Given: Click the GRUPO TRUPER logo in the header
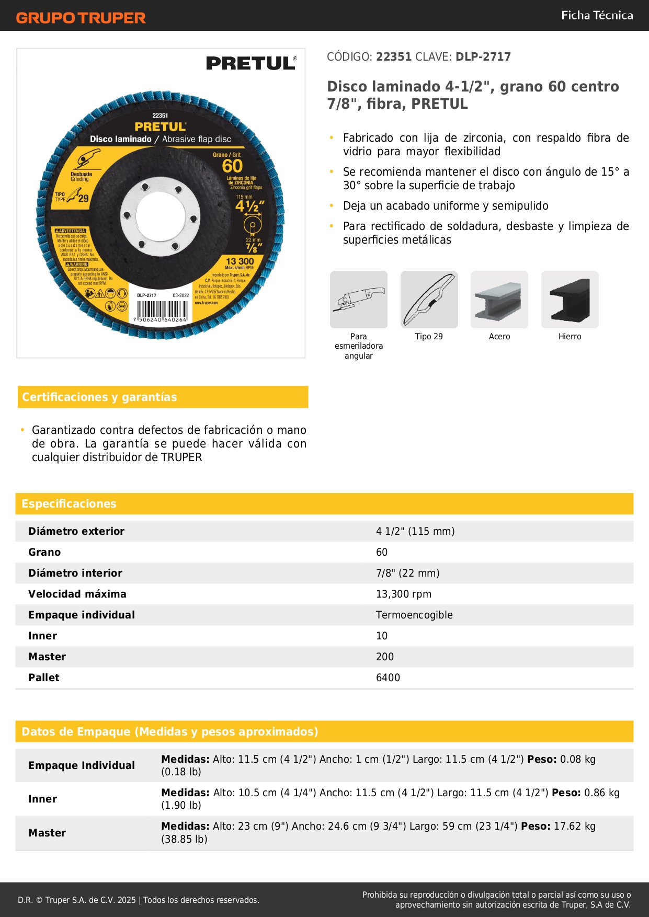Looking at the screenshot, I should click(81, 18).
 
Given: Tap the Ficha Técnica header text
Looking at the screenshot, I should click(597, 15).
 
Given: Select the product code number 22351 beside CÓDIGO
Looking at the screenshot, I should click(394, 56).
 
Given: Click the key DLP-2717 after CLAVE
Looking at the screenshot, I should click(483, 56).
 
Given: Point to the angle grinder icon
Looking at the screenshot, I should click(359, 300).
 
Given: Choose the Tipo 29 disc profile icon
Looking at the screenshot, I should click(429, 300).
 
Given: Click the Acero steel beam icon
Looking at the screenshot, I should click(499, 300).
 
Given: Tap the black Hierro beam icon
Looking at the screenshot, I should click(570, 300).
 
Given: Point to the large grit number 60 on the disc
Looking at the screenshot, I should click(232, 166).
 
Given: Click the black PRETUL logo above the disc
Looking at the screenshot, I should click(251, 63).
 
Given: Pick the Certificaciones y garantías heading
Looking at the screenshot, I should click(99, 397).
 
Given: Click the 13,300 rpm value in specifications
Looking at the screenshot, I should click(403, 594).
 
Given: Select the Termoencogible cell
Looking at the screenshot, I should click(414, 615).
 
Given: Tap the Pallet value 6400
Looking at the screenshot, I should click(388, 678).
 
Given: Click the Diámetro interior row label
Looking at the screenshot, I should click(75, 573).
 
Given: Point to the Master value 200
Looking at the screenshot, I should click(385, 657).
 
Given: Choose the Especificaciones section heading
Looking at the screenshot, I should click(69, 503).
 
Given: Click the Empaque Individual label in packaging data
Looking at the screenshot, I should click(82, 765).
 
